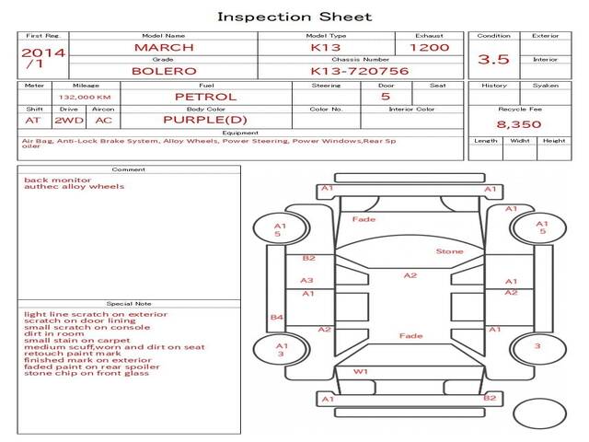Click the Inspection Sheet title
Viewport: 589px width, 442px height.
coord(294,17)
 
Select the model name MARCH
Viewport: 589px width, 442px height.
coord(164,47)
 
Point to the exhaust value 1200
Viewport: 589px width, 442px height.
coord(429,47)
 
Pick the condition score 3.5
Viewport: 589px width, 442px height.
coord(493,60)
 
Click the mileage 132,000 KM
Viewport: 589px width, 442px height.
coord(85,97)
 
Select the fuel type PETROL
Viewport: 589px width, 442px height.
coord(206,96)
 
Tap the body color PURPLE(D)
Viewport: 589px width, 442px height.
coord(206,120)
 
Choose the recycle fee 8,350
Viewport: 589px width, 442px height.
coord(519,123)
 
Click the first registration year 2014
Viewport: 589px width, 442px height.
coord(43,52)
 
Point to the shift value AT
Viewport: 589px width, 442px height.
coord(33,120)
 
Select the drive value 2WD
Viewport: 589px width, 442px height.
coord(66,120)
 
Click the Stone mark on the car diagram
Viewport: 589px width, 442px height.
coord(449,250)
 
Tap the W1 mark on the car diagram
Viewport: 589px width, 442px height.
coord(361,372)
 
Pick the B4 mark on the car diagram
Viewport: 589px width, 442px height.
coord(276,318)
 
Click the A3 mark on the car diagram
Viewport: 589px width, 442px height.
coord(307,281)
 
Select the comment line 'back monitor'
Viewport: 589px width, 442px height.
coord(57,180)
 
